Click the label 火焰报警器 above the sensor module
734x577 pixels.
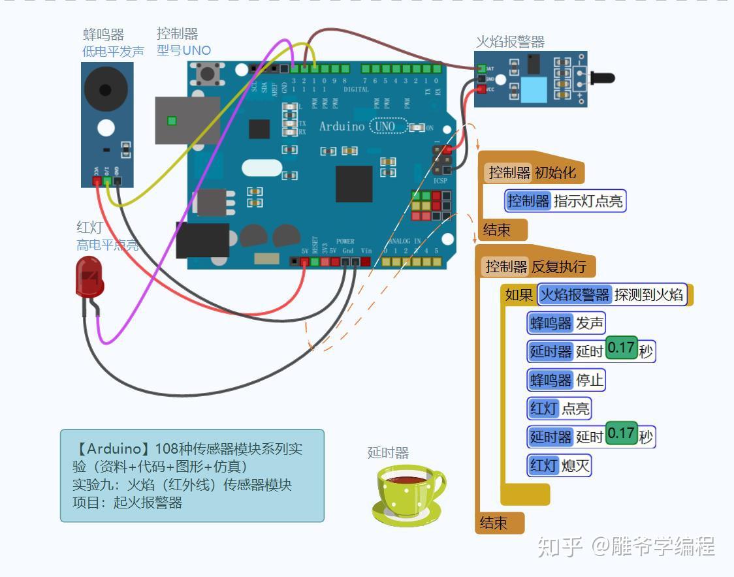pyautogui.click(x=510, y=42)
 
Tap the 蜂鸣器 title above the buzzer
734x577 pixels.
pyautogui.click(x=104, y=35)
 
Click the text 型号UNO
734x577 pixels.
pyautogui.click(x=183, y=50)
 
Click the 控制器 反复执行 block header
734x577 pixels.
pyautogui.click(x=536, y=266)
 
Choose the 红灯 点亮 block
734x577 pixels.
pyautogui.click(x=560, y=409)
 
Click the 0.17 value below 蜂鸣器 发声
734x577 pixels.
pyautogui.click(x=620, y=349)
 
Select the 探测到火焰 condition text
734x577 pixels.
pyautogui.click(x=648, y=294)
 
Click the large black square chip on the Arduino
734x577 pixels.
pyautogui.click(x=354, y=183)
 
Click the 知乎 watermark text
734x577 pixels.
pyautogui.click(x=560, y=546)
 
